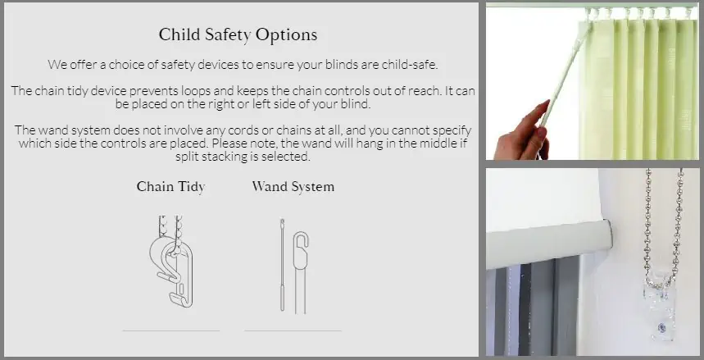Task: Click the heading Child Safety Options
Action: click(x=238, y=35)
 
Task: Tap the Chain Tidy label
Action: click(x=170, y=186)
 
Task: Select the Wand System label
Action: click(x=293, y=186)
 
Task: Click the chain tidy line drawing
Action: click(x=171, y=262)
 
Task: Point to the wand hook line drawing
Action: click(x=300, y=272)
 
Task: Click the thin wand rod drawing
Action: click(x=283, y=265)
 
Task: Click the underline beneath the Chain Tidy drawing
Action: click(x=171, y=330)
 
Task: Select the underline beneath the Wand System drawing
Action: click(x=293, y=330)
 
